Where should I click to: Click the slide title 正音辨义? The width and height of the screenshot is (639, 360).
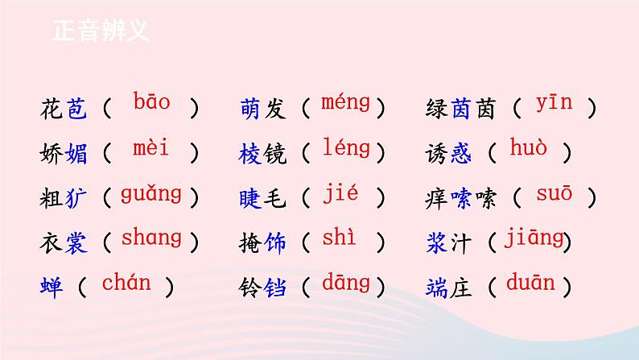coord(101,31)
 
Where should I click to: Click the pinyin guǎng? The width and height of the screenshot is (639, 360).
coord(150,193)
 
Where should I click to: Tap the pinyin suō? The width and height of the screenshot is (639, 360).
coord(554,193)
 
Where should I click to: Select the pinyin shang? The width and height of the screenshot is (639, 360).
coord(151,238)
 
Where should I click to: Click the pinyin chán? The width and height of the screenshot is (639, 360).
coord(126,283)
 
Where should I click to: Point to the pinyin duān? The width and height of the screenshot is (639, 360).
coord(530,283)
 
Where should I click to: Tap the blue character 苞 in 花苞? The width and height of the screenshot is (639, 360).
coord(76,107)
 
